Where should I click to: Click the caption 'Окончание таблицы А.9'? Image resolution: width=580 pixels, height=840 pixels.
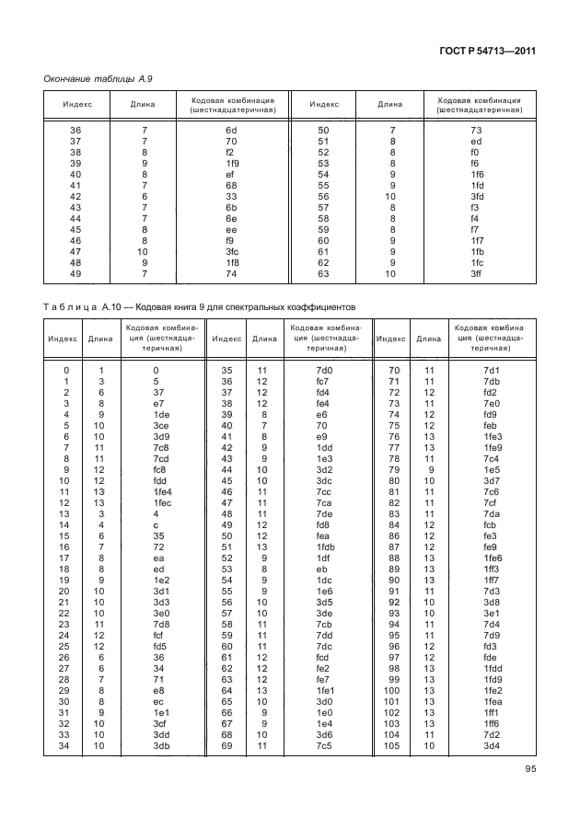pos(99,79)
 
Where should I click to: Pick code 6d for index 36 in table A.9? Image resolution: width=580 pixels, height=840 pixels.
pos(232,131)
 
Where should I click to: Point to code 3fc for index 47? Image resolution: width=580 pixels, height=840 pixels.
pos(232,251)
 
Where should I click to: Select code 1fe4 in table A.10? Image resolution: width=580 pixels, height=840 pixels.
pos(163,491)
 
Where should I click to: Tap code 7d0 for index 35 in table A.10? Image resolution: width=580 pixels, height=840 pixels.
pos(323,370)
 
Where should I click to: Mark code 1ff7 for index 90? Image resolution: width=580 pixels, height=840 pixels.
pos(491,579)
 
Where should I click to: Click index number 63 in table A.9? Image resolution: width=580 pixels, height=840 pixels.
pos(324,274)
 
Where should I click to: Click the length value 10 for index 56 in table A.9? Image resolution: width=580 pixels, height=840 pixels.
pos(390,197)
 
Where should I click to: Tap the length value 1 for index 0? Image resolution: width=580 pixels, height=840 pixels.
pos(99,370)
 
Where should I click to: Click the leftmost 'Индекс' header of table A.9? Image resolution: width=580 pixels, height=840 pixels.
pos(77,104)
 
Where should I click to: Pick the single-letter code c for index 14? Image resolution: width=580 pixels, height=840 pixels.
pos(157,524)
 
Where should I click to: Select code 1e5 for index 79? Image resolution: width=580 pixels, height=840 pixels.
pos(491,469)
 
